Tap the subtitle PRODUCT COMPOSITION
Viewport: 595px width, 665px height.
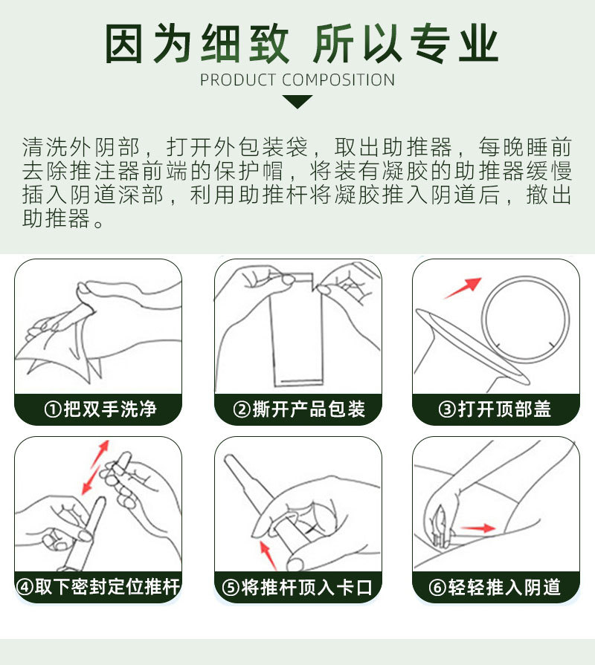(297, 80)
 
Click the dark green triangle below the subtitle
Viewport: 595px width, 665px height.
(297, 101)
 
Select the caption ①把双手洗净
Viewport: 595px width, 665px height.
(100, 409)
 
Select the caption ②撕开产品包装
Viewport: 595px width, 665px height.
(298, 409)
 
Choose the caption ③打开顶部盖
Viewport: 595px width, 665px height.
(495, 409)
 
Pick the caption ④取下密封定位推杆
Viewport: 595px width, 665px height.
(98, 587)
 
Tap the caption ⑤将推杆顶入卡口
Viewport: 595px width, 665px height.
(298, 587)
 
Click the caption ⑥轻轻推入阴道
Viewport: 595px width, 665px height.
(495, 587)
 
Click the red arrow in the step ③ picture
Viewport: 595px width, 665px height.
(463, 288)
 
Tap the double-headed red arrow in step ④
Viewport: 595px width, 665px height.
(95, 467)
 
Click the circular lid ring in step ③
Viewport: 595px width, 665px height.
(525, 319)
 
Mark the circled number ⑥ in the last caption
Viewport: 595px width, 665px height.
(437, 588)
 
